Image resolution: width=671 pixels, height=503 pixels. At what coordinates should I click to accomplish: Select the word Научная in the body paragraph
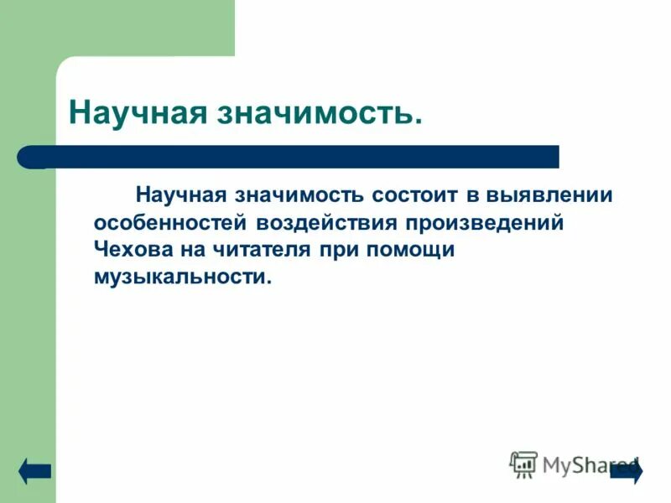tap(181, 195)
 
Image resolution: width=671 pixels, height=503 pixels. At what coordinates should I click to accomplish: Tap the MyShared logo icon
tap(523, 464)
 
